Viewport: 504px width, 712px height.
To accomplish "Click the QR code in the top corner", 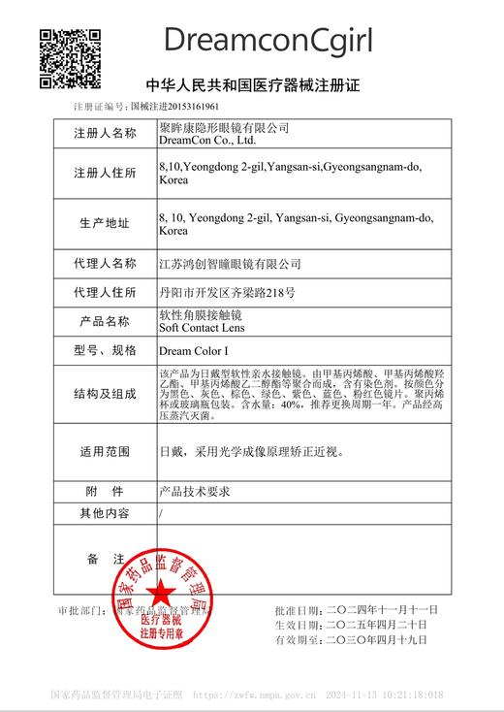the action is (x=70, y=58).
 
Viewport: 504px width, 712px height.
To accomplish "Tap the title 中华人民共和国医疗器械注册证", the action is (x=252, y=85).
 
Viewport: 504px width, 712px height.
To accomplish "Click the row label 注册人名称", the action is (x=106, y=133).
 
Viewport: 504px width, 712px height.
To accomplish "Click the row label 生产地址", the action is (x=106, y=224).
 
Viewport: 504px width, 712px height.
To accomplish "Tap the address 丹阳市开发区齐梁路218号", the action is (x=226, y=291).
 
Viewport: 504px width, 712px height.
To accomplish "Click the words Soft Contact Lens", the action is (x=202, y=328).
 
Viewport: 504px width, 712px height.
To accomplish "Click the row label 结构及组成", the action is (x=106, y=394).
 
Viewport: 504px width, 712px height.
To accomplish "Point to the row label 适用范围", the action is (x=106, y=451).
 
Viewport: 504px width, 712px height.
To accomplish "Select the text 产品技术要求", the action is (x=195, y=492).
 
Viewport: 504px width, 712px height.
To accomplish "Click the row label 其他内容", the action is (x=106, y=513).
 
